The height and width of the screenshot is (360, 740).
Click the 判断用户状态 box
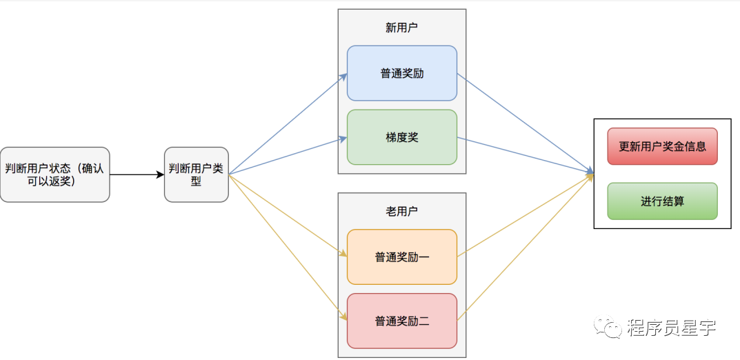tap(54, 174)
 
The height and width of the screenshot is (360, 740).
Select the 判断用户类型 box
tap(197, 174)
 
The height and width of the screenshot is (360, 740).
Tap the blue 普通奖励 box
tap(402, 73)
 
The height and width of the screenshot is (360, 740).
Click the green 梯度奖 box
tap(402, 137)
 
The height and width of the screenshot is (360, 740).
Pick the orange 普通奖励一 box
tap(402, 257)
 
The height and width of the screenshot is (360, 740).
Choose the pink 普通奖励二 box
tap(402, 321)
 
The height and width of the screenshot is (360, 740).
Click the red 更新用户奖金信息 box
tap(663, 146)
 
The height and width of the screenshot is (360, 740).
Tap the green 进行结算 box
tap(663, 201)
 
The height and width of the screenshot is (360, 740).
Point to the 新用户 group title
tap(401, 28)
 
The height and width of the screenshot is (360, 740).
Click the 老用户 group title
tap(401, 212)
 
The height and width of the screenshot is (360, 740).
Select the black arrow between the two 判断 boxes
tap(137, 175)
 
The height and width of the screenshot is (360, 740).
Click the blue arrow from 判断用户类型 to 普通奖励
tap(288, 123)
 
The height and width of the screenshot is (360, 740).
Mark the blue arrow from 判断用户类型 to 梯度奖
tap(288, 156)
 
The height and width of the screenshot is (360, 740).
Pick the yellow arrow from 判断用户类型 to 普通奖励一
tap(288, 216)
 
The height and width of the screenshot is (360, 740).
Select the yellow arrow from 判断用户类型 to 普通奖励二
tap(288, 248)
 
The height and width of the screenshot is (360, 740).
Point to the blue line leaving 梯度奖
tap(526, 155)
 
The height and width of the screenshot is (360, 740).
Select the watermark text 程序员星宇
tap(672, 327)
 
